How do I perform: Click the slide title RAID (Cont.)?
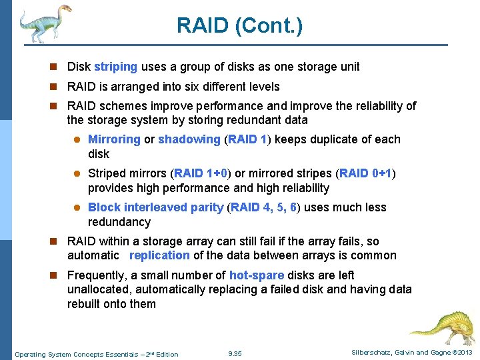[239, 27]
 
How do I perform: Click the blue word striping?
[115, 67]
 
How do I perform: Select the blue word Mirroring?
[114, 139]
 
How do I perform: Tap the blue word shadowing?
[189, 139]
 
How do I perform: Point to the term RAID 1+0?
[201, 173]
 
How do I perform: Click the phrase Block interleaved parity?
[155, 207]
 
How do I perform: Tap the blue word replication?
[159, 255]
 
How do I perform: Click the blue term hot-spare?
[257, 275]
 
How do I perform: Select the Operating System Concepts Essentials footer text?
[97, 354]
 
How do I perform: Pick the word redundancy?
[119, 222]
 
